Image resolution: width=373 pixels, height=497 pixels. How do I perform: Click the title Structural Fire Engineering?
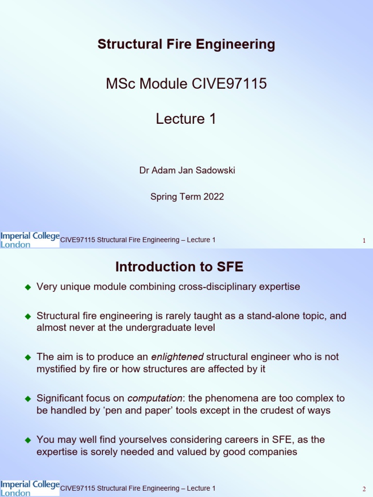186,45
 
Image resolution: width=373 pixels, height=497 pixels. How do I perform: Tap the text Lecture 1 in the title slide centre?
186,119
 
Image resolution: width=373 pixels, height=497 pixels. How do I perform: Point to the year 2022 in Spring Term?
214,197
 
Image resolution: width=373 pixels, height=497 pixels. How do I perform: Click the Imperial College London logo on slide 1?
30,240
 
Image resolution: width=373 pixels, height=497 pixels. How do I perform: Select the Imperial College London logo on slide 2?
30,488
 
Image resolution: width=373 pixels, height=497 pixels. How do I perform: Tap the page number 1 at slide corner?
364,241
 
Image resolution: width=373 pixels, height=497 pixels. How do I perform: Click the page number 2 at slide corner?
364,489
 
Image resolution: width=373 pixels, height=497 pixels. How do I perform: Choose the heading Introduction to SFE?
179,267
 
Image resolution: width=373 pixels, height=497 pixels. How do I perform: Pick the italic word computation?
154,398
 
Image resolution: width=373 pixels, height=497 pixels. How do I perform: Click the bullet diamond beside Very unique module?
28,287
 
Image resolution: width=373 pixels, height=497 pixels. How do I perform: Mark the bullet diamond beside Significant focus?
28,399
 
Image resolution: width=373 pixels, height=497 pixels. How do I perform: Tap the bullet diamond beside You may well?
28,440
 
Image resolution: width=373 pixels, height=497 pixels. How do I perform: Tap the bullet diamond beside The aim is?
28,357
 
